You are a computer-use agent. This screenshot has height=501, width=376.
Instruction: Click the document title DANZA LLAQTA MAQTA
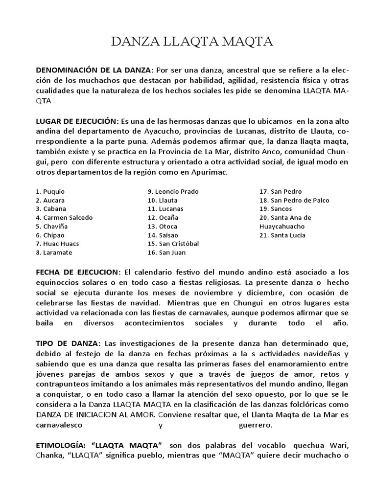pyautogui.click(x=192, y=43)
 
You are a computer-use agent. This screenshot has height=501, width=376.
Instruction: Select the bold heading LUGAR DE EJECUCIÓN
pyautogui.click(x=77, y=121)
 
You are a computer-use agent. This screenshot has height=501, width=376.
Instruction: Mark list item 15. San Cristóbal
pyautogui.click(x=172, y=244)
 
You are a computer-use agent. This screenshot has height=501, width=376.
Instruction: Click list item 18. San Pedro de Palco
pyautogui.click(x=294, y=200)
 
